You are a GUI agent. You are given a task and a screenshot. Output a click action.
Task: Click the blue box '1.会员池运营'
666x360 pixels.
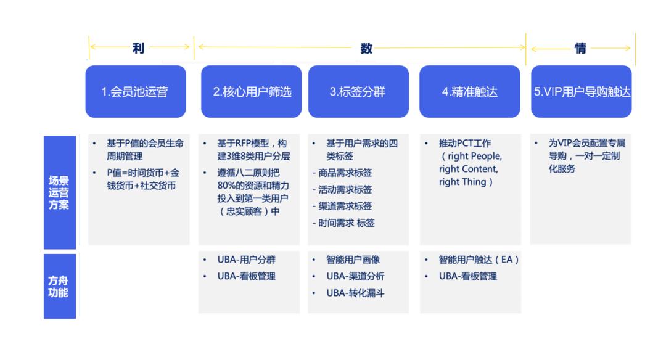136,91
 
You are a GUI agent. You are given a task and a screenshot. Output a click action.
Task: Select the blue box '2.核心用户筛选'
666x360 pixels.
252,91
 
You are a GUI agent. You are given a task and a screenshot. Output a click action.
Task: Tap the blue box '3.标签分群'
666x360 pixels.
358,91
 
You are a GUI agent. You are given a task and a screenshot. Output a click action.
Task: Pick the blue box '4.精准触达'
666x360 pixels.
470,91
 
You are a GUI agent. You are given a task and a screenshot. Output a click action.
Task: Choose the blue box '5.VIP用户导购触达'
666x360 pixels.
581,91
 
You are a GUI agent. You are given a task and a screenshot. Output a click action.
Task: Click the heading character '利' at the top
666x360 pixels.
139,48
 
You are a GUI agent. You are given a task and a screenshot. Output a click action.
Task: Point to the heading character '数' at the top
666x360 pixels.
366,48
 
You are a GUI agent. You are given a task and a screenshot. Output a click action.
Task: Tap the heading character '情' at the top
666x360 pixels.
580,48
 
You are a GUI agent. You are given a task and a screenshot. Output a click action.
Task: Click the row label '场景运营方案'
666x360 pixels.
59,192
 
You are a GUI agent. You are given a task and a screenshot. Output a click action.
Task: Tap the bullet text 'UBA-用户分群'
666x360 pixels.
246,260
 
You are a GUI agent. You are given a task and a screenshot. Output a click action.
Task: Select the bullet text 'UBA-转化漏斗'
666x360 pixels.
355,293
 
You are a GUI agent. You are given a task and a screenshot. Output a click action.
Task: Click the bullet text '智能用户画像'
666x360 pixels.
353,260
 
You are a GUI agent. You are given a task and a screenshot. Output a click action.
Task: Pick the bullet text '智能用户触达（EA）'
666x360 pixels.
479,260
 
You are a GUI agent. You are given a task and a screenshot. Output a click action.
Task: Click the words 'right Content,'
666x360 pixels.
469,169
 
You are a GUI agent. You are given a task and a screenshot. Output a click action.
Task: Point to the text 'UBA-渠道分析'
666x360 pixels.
355,276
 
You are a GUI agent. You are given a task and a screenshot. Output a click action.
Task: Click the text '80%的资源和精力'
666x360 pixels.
253,186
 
